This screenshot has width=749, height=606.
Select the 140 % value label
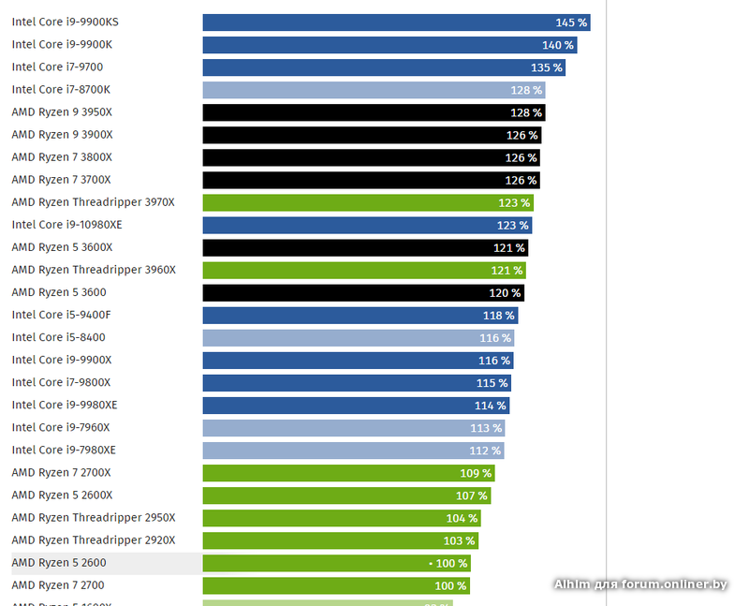pos(558,45)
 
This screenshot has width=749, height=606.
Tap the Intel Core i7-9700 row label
pos(57,67)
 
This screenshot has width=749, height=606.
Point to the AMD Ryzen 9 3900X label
pos(62,135)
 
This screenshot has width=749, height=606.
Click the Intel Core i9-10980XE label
pos(66,225)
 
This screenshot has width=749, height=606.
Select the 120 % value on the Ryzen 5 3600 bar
pos(506,293)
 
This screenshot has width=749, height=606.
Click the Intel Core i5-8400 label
pos(58,337)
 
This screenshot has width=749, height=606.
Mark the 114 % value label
pos(491,406)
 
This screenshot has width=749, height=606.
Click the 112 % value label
pos(485,451)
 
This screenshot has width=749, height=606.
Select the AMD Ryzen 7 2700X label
pos(62,473)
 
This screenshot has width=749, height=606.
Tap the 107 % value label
pos(471,495)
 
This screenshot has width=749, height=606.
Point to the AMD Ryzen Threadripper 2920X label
pos(94,540)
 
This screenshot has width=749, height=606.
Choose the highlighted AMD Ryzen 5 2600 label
pos(59,563)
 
